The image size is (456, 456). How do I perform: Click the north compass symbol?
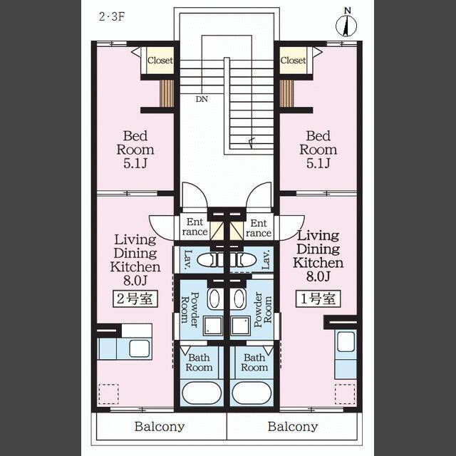(346, 24)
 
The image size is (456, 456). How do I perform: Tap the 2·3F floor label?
(112, 16)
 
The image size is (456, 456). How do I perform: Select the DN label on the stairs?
(202, 99)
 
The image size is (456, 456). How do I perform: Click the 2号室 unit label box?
(135, 299)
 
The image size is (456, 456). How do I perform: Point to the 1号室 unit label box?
(318, 299)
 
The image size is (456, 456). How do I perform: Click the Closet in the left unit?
(160, 61)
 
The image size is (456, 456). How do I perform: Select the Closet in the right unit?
(293, 61)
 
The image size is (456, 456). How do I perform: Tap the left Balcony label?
(160, 427)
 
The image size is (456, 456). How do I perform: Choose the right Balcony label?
(293, 427)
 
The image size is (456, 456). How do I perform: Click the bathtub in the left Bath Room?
(202, 393)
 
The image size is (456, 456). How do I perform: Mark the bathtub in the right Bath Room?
(252, 393)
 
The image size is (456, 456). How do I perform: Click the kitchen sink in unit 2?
(140, 348)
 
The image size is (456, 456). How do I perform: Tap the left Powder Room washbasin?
(214, 299)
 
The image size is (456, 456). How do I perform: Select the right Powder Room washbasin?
(239, 299)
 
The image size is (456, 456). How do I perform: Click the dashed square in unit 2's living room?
(109, 394)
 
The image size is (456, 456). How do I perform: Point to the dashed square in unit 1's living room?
(345, 394)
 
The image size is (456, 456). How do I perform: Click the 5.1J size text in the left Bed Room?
(135, 163)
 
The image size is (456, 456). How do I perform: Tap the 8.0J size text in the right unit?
(318, 276)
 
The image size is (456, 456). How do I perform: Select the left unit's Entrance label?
(195, 227)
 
